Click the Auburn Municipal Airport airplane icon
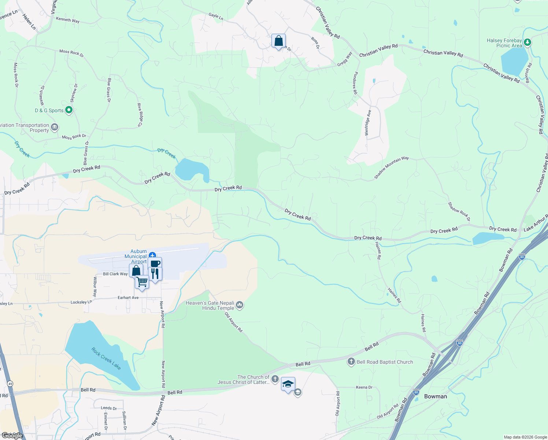152,255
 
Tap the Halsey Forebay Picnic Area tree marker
527,43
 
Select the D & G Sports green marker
68,110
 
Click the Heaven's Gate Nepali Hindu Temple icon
240,305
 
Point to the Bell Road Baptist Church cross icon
351,362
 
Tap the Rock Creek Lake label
106,358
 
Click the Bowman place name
435,396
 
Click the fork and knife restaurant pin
155,274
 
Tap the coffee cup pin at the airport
155,264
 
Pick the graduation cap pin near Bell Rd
288,384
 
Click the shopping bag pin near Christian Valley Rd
278,41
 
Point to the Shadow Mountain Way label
391,168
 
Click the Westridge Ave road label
368,123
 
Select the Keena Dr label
364,387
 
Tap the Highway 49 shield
10,384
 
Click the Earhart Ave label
128,298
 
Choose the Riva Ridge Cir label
140,115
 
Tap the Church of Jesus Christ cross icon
275,379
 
